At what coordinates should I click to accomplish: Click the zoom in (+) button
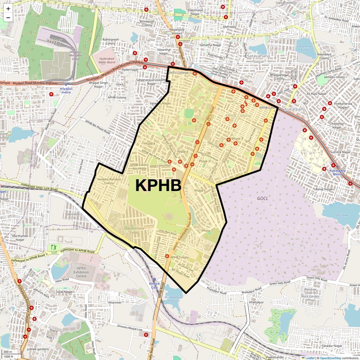pos(8,9)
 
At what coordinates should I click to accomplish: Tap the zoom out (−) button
pos(8,18)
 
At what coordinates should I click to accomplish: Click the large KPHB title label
pos(158,185)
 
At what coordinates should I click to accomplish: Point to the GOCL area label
pos(262,198)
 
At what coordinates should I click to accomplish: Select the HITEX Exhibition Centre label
pos(81,272)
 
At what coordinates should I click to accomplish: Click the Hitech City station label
pos(154,285)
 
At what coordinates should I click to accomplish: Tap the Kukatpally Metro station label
pos(337,172)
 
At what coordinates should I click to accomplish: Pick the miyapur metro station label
pos(66,91)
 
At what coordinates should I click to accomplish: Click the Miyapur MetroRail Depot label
pos(76,55)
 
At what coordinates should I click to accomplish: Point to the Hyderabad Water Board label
pos(107,60)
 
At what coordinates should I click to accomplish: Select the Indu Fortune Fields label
pos(134,230)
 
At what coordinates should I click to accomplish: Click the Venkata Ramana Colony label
pos(109,181)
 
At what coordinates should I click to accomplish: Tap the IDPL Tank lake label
pos(341,215)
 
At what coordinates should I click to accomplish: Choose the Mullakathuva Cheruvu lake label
pos(174,299)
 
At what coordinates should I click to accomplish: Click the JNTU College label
pos(179,73)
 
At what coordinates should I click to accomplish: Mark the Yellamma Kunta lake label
pos(305,48)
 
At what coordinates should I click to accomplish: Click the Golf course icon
pos(54,247)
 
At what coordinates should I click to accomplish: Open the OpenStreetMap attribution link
pos(330,358)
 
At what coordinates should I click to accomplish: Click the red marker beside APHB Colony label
pos(167,256)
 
